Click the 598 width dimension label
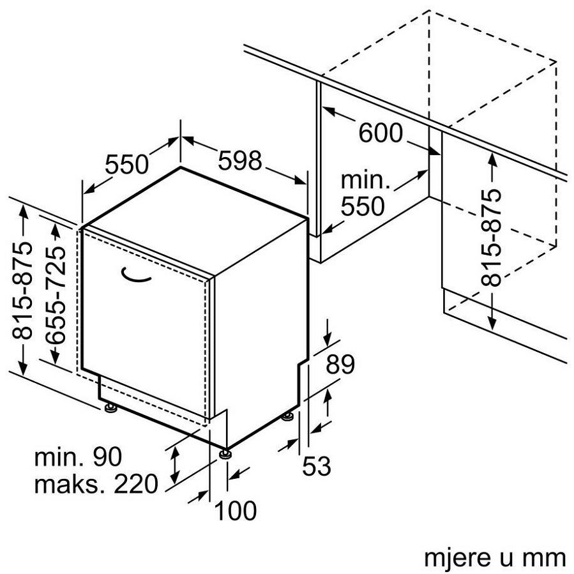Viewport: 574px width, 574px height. [240, 160]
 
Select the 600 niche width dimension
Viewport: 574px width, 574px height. [381, 133]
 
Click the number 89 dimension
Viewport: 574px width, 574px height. [340, 365]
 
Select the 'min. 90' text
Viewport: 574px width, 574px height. [77, 457]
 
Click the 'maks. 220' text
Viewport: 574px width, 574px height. [95, 485]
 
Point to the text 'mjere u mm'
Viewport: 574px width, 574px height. [494, 557]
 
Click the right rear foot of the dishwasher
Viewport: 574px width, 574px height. [289, 417]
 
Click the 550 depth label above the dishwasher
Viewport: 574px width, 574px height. [126, 165]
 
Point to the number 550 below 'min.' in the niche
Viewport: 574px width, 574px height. [363, 206]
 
